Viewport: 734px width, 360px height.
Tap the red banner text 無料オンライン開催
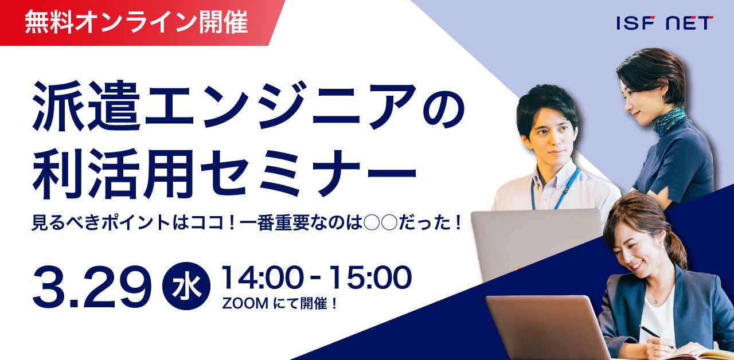(136, 22)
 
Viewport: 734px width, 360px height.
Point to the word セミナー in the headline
(308, 173)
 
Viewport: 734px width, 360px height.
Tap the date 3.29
(92, 286)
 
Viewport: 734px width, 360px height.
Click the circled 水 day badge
(186, 286)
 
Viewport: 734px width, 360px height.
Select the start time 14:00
(261, 277)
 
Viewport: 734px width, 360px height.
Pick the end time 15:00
(370, 277)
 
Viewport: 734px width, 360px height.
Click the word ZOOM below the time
(245, 304)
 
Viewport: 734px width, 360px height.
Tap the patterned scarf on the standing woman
(668, 121)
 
